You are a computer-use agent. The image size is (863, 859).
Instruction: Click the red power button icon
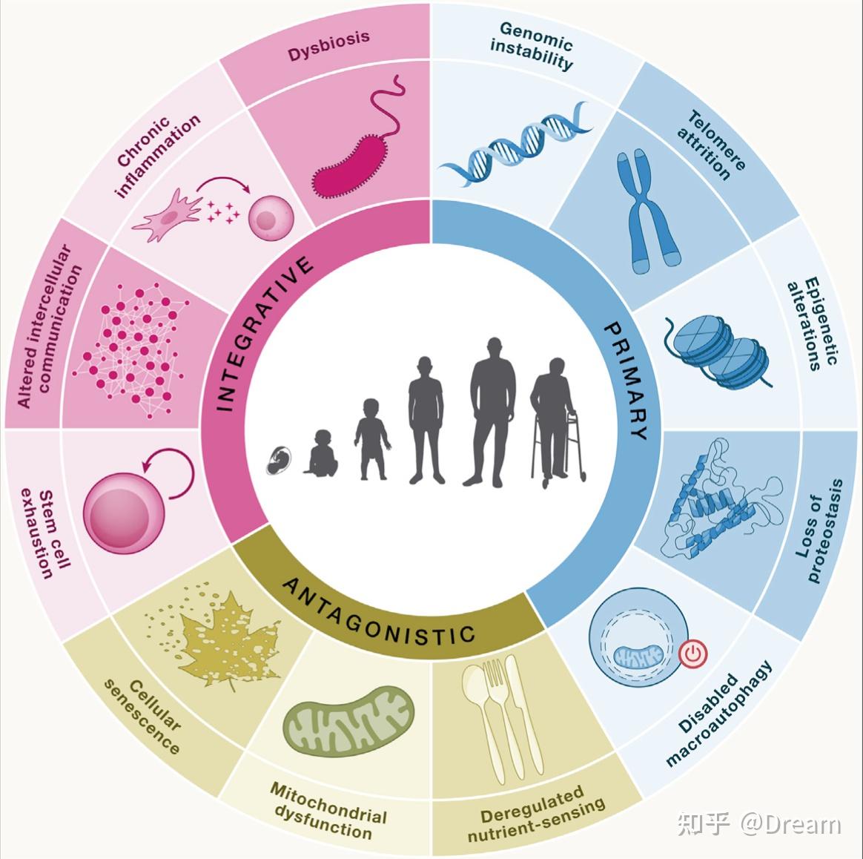(693, 654)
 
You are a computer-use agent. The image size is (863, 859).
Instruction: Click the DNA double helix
(515, 143)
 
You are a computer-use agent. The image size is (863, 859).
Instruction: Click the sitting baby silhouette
(321, 453)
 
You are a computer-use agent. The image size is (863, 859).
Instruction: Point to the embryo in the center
(279, 460)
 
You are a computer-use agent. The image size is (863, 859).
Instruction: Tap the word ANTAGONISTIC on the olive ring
(379, 611)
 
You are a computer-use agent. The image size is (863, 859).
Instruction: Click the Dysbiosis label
(328, 46)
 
